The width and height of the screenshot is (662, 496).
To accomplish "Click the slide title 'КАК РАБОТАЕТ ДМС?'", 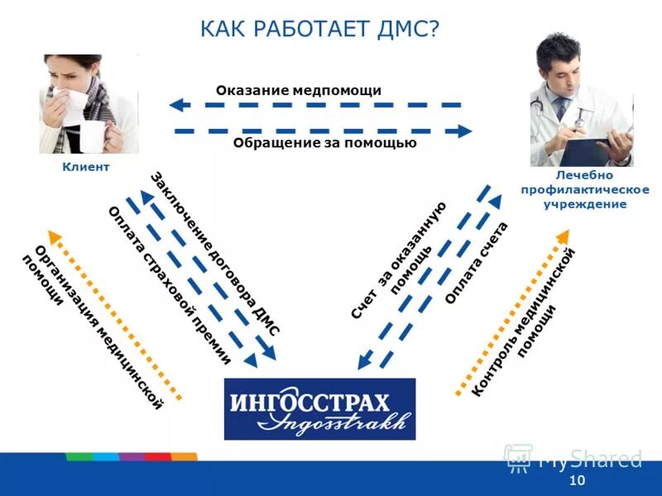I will (x=319, y=29).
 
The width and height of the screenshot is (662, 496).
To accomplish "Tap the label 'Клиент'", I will (x=86, y=167).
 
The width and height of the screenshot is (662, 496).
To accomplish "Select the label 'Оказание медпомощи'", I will (x=299, y=91).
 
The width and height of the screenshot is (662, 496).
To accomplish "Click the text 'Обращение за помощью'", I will (x=324, y=143).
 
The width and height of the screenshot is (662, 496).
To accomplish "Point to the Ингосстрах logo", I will (x=319, y=409).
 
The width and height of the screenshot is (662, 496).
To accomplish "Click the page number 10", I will (x=578, y=481).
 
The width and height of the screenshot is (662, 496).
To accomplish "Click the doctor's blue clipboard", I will (x=592, y=149).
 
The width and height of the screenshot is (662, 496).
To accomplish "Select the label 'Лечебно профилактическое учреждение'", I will (x=584, y=189).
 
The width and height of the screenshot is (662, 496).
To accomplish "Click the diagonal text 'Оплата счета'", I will (x=477, y=263).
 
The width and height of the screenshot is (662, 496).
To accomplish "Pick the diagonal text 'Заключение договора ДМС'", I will (x=214, y=253).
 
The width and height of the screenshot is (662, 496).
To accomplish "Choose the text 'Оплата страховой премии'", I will (x=169, y=284).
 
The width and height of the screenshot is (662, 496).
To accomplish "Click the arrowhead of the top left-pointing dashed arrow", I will (x=175, y=105).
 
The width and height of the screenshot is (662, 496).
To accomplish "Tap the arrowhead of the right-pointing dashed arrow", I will (x=465, y=131).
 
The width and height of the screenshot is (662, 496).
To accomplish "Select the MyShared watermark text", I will (x=589, y=460).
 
